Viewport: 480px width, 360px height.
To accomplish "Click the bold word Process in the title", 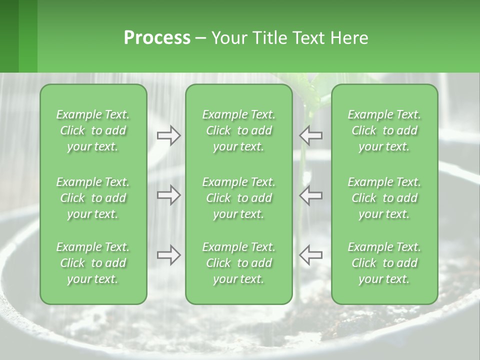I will pos(157,38).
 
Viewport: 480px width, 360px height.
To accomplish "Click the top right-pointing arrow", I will pos(169,135).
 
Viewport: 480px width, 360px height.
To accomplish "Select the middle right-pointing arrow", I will pos(169,195).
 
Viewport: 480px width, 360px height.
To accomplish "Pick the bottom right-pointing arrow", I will pos(169,255).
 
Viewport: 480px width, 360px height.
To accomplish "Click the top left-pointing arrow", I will pos(311,135).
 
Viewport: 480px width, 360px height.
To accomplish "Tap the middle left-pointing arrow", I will pos(311,195).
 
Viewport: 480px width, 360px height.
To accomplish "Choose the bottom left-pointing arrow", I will pos(311,255).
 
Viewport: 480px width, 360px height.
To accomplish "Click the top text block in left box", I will pos(93,130).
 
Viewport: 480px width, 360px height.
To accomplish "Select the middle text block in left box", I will pos(93,198).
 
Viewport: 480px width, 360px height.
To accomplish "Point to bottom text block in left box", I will pos(93,263).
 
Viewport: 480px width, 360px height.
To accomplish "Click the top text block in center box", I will pos(238,130).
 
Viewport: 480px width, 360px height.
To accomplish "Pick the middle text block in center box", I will pos(238,198).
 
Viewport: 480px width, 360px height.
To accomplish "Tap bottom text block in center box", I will pos(238,263).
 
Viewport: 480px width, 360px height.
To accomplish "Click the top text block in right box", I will pos(384,130).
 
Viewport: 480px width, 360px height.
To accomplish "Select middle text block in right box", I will pos(384,198).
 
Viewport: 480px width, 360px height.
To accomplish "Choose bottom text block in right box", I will pos(384,263).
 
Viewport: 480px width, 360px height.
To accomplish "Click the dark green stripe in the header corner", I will pos(9,36).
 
